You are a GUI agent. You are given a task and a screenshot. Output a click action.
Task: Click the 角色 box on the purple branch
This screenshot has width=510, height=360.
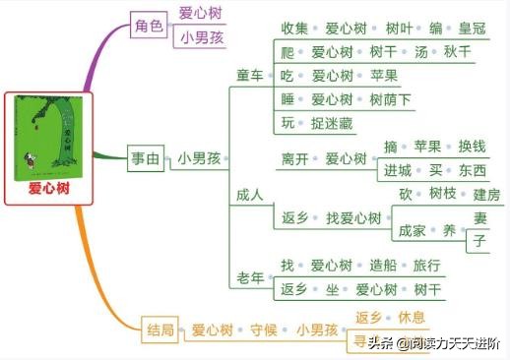click(x=149, y=27)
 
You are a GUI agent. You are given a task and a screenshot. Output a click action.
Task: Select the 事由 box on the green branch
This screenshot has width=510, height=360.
click(x=149, y=157)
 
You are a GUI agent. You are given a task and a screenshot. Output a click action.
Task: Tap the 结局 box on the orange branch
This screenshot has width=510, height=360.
click(x=161, y=330)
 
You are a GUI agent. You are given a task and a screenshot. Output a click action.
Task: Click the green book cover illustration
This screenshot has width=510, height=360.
click(x=49, y=137)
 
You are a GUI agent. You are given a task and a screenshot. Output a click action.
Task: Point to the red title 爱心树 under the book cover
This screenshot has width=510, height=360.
click(x=49, y=188)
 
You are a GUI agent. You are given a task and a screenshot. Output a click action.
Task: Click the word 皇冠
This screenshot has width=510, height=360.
click(x=444, y=28)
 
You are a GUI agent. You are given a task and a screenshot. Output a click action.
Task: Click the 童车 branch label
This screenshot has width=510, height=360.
click(x=250, y=76)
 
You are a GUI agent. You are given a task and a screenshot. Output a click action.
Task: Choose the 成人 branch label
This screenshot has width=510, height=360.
click(x=250, y=195)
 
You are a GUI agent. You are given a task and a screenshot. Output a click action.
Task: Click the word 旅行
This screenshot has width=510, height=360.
click(x=426, y=266)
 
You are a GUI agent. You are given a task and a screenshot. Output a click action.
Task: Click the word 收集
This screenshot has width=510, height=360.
click(x=295, y=28)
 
